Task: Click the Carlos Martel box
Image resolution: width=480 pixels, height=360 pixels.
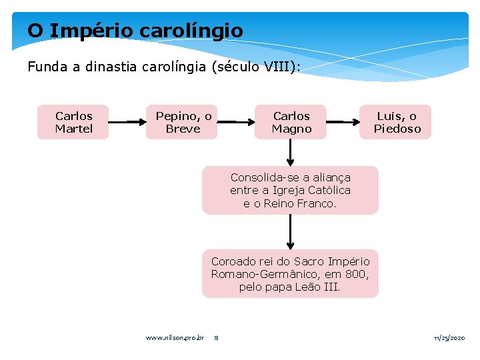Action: (73, 122)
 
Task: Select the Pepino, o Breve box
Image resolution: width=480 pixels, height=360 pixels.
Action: (182, 122)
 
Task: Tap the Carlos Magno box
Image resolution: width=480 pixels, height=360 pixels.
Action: (291, 122)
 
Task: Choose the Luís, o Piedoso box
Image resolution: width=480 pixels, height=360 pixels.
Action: (397, 122)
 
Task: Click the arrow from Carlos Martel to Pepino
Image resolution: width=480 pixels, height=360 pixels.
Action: (127, 122)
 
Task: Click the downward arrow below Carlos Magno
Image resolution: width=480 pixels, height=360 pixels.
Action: (291, 153)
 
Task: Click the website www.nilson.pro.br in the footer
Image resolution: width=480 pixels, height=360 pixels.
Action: (175, 338)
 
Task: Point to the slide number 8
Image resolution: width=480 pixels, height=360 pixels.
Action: (217, 338)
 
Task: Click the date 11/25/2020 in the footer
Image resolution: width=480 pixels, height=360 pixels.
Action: (449, 338)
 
